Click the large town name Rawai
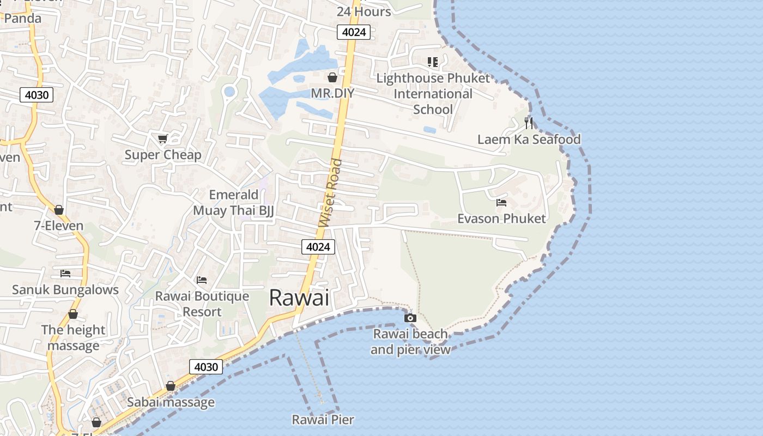tap(299, 298)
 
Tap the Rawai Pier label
tap(323, 420)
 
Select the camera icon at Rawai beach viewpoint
tap(410, 318)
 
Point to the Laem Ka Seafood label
tap(529, 139)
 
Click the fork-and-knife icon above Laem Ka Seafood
tap(528, 122)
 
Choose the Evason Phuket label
tap(501, 219)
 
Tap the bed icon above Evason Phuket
tap(501, 203)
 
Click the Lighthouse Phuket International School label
tap(433, 94)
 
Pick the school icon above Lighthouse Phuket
tap(433, 62)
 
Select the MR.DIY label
tap(332, 93)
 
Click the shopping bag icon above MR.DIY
tap(332, 77)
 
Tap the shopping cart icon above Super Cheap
tap(162, 138)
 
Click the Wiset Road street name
tap(331, 193)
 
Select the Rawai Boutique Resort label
tap(202, 304)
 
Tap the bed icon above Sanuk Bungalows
tap(65, 273)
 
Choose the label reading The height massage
tap(73, 337)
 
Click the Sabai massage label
tap(171, 402)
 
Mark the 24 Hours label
tap(364, 11)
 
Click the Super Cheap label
tap(163, 155)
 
